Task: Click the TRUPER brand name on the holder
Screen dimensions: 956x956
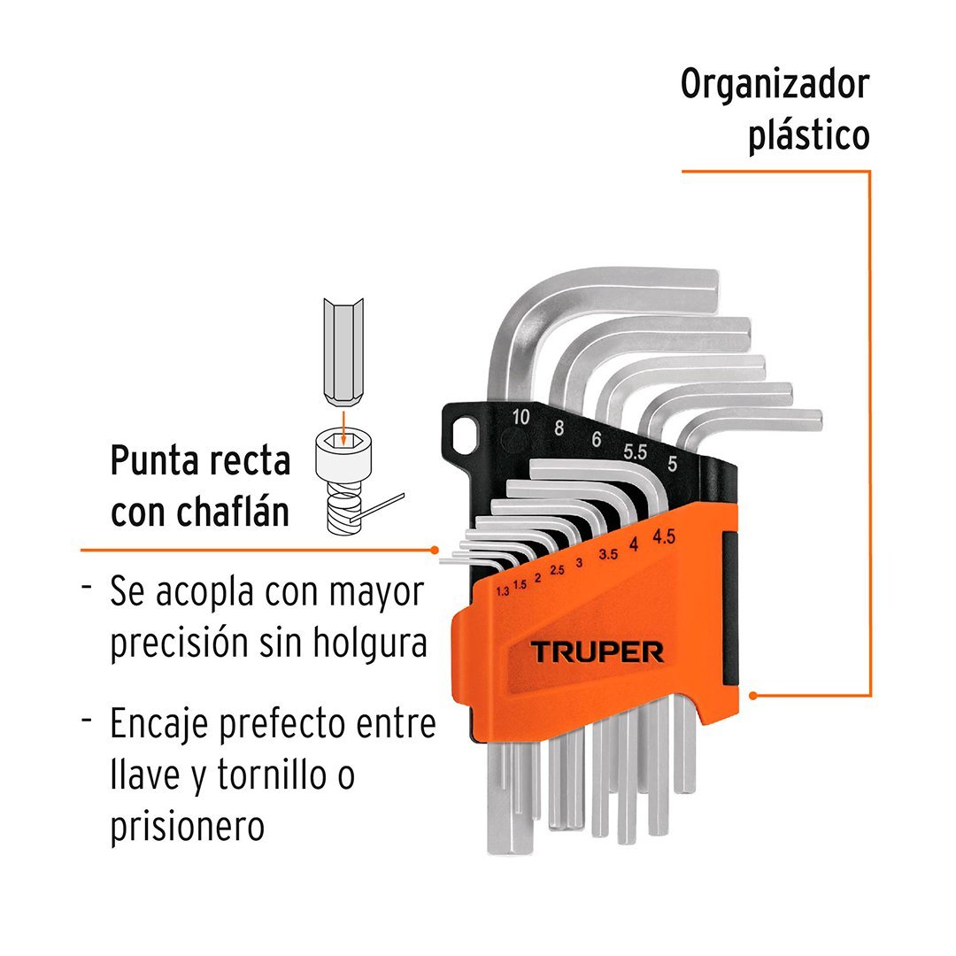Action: click(597, 652)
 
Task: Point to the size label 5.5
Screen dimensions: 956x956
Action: click(635, 451)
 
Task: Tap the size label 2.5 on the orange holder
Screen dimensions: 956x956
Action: click(557, 570)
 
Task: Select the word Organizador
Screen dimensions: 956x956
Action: click(775, 85)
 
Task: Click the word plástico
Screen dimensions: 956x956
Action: click(808, 138)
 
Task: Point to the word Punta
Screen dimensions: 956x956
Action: click(158, 460)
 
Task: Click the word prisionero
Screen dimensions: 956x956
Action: click(188, 828)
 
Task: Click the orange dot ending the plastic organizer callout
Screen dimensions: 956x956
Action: click(753, 695)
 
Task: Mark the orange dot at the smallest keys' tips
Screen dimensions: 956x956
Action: click(436, 550)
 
